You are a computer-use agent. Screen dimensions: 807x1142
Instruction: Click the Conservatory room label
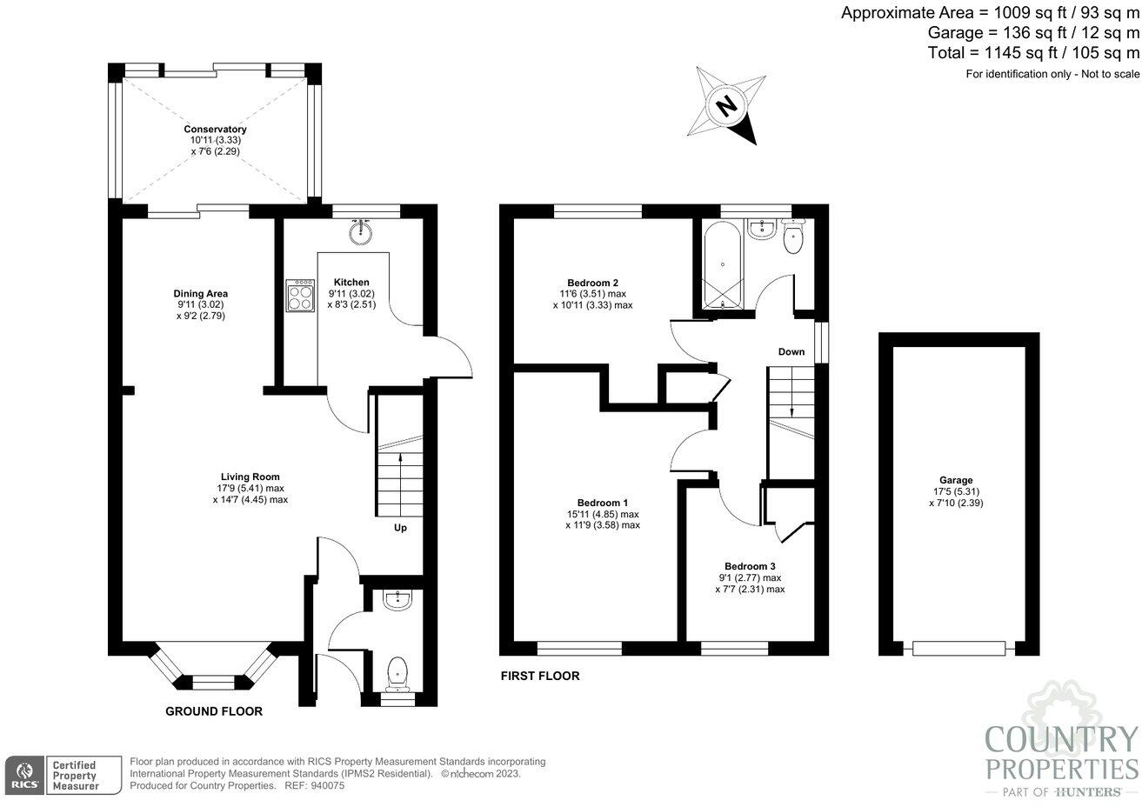pos(215,130)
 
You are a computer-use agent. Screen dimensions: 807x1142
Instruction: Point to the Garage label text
pos(955,480)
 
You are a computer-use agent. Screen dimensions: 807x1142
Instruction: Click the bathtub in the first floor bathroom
pos(722,266)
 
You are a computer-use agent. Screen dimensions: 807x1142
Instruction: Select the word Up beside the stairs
pos(400,528)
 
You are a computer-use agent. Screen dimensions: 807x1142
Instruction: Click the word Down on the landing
pos(791,352)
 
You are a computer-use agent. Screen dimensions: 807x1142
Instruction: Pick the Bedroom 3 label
pos(749,566)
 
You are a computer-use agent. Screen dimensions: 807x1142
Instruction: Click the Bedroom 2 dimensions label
pos(592,300)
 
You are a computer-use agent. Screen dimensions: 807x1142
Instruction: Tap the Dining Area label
pos(200,294)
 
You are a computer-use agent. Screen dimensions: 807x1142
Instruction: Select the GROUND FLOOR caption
pos(214,711)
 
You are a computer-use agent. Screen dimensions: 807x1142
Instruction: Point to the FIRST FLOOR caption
pos(539,676)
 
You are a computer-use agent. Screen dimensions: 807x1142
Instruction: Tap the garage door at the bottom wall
pos(958,648)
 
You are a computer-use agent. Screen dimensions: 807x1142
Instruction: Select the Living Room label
pos(250,477)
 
